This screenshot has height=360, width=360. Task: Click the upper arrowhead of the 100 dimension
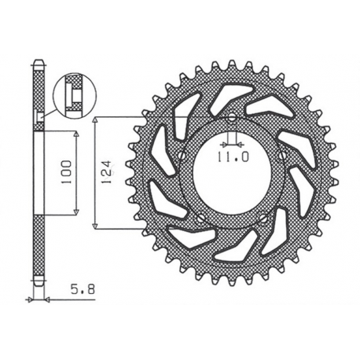point(76,134)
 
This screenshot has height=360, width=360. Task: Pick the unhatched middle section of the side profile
point(37,173)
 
